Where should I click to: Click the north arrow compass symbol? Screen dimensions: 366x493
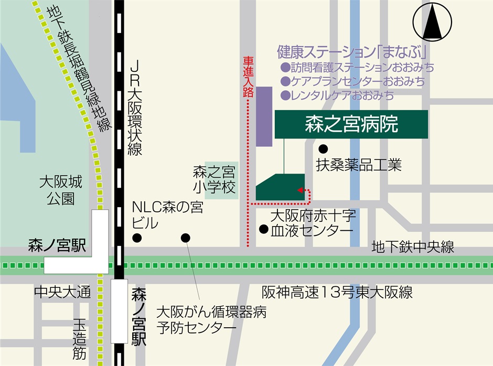pos(433,22)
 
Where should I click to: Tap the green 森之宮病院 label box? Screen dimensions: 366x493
pos(351,124)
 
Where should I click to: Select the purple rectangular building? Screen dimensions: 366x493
pos(264,116)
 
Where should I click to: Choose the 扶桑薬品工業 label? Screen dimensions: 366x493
pos(359,165)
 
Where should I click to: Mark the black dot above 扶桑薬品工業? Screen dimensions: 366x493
pos(324,148)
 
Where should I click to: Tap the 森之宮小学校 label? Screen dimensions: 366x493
pos(216,179)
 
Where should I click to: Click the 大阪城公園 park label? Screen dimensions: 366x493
pos(61,190)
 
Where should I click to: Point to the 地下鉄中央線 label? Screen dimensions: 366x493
pos(413,246)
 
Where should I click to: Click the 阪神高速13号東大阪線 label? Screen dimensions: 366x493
pos(337,292)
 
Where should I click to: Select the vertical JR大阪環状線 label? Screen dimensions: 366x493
pos(135,107)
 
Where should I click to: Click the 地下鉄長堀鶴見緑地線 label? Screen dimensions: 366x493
pos(79,68)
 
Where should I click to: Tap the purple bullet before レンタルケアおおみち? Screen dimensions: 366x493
pos(285,95)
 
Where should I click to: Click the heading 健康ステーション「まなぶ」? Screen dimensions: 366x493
pos(351,52)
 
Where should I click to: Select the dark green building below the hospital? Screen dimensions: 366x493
pos(281,187)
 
